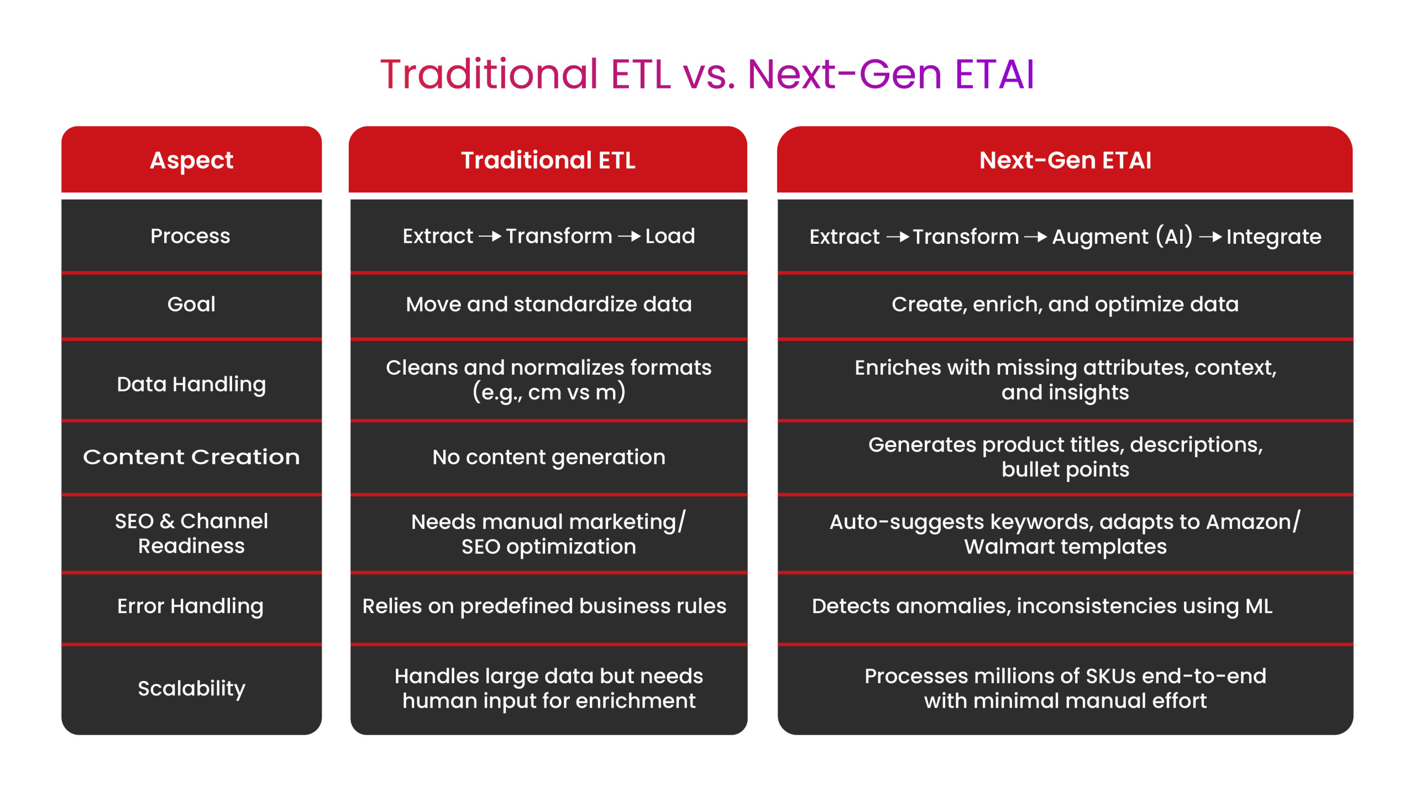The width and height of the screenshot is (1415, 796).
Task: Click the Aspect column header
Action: click(x=191, y=161)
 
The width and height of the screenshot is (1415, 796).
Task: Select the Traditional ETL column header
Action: click(x=548, y=160)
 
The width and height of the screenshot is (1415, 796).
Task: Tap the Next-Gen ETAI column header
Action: click(x=1065, y=160)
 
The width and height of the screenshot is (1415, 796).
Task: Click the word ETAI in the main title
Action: click(x=994, y=74)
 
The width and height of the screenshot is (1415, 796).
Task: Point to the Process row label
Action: click(x=190, y=236)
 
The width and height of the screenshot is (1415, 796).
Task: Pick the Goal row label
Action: click(x=191, y=304)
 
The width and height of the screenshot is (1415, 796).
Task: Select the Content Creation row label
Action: click(x=191, y=457)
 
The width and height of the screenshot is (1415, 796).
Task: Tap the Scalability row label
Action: click(x=191, y=689)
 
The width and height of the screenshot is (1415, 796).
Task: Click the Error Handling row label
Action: click(x=190, y=606)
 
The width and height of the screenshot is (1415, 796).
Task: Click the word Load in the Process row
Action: click(x=670, y=236)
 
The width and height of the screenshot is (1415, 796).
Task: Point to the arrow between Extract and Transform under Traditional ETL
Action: click(x=490, y=237)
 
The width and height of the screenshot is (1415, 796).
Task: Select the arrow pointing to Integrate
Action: click(x=1210, y=237)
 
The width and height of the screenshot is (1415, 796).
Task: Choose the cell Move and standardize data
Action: click(x=548, y=304)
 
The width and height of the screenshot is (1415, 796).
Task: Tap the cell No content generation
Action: click(x=548, y=458)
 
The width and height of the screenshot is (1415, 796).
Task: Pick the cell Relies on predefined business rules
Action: click(x=544, y=606)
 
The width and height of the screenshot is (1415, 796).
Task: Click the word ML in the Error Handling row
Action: click(x=1259, y=606)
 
